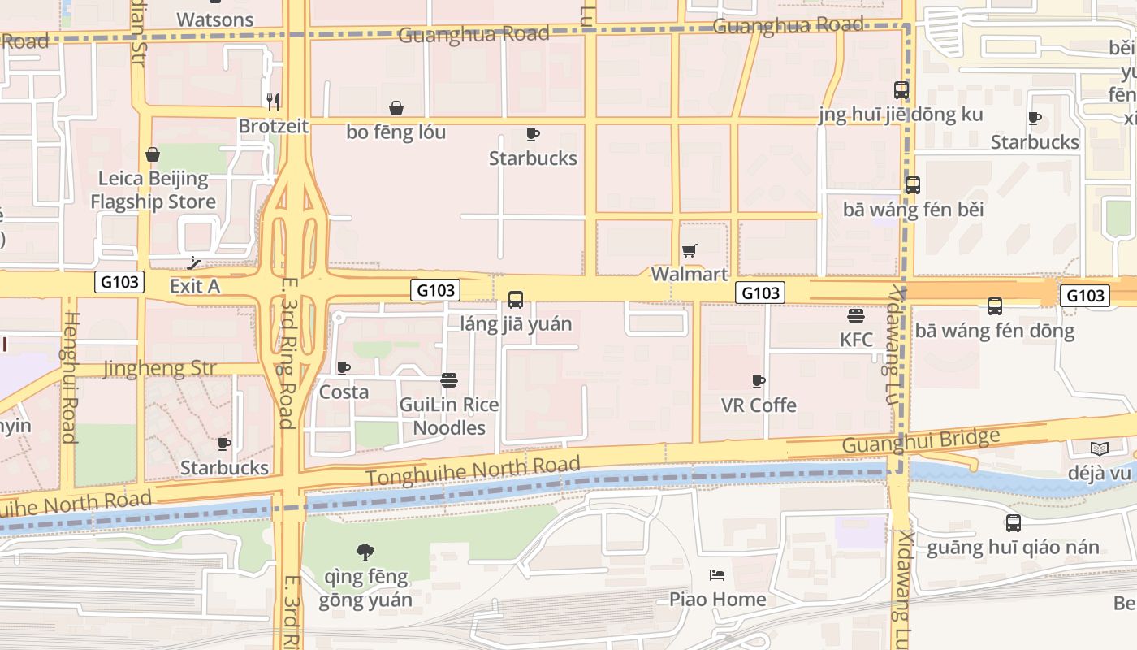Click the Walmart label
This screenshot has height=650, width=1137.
click(690, 274)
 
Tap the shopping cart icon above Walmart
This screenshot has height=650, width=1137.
click(690, 251)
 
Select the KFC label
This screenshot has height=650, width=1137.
click(856, 340)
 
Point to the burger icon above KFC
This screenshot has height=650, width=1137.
click(856, 316)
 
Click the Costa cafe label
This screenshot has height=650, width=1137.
click(344, 392)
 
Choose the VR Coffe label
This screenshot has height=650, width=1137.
click(759, 405)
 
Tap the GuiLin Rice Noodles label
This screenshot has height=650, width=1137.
click(449, 416)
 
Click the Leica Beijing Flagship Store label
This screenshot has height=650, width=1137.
click(153, 190)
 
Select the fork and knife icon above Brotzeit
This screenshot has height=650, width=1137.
click(273, 102)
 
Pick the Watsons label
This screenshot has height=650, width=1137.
click(215, 19)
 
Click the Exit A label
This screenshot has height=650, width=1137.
click(195, 286)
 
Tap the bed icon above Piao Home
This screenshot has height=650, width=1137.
click(717, 575)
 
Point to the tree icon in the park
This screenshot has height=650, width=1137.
click(365, 552)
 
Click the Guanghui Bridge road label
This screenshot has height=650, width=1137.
click(921, 441)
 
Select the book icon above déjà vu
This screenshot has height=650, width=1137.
click(1099, 448)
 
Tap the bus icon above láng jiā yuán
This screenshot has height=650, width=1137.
click(516, 300)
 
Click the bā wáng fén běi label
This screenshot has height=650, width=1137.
click(913, 210)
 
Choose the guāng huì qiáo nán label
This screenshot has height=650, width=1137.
click(1013, 547)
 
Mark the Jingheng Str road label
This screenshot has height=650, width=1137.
click(160, 369)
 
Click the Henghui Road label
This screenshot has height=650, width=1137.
click(69, 377)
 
